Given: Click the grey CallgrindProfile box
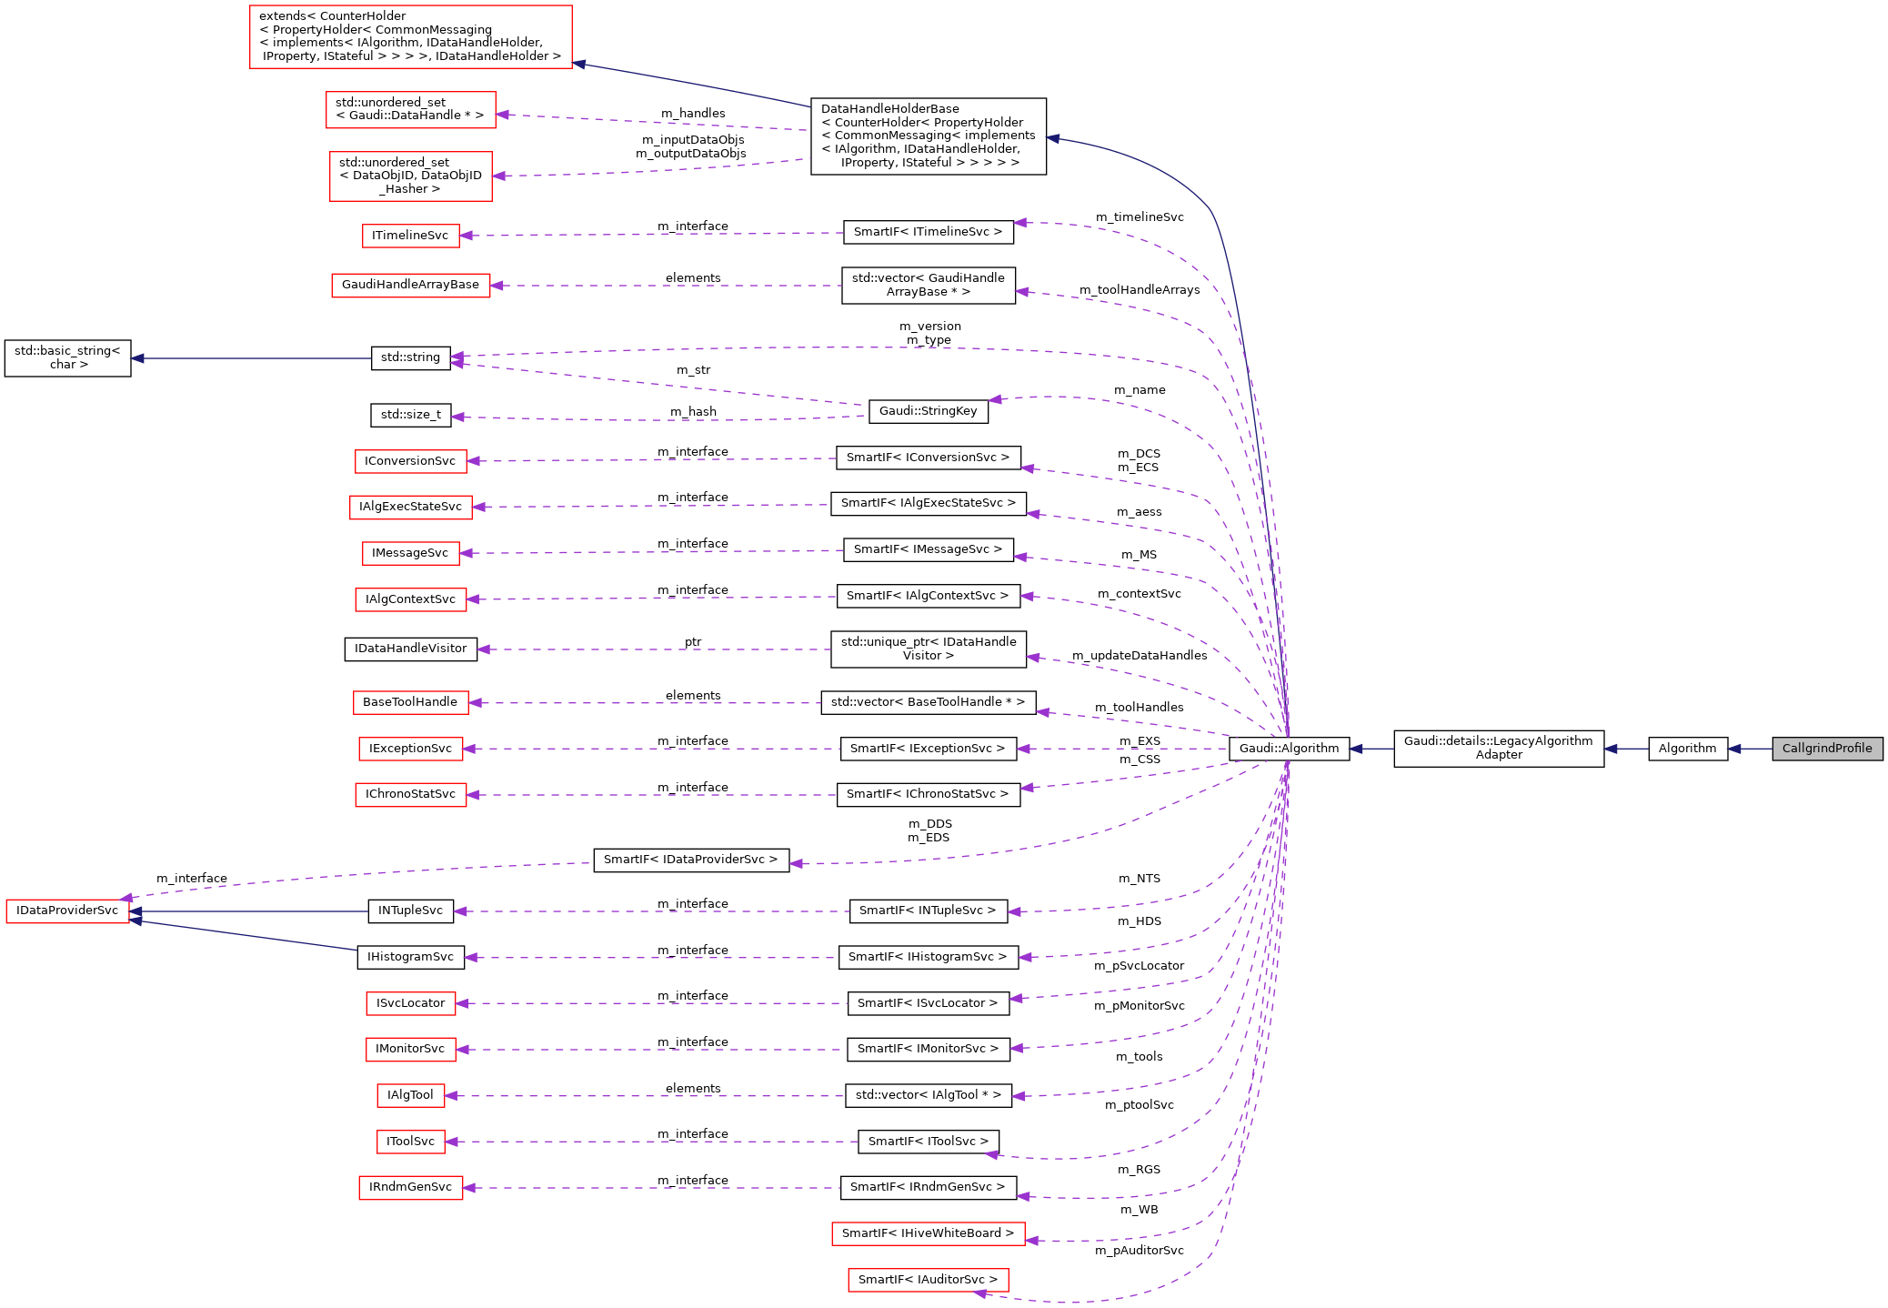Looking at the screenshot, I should [x=1826, y=749].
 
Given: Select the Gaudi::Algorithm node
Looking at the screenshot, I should [x=1289, y=749].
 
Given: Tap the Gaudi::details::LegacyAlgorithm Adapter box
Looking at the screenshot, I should [x=1498, y=748].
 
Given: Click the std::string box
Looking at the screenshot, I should [x=410, y=357].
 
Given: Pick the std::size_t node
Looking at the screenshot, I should [x=410, y=415].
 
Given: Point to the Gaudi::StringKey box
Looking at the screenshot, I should [x=928, y=411].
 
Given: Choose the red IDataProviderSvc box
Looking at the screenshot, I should [x=67, y=911].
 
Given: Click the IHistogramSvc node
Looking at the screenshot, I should [x=410, y=957].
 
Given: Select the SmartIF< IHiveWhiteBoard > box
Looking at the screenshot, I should [x=928, y=1233].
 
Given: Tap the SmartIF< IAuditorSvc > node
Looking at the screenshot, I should [x=928, y=1280].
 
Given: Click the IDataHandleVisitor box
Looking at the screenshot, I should [x=410, y=649].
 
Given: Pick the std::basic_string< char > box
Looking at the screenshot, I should [x=67, y=357].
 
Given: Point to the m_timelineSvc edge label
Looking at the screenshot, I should [x=1140, y=217].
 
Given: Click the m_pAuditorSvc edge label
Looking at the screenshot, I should [x=1139, y=1251].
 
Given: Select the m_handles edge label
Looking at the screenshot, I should [x=693, y=114].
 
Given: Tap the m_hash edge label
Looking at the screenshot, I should [x=693, y=412].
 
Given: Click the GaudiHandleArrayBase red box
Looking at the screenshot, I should [x=410, y=285].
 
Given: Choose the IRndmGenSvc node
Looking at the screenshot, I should [x=410, y=1187].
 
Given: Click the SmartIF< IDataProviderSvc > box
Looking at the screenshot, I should [x=690, y=860].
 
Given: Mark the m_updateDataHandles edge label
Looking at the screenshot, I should [x=1139, y=656].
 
